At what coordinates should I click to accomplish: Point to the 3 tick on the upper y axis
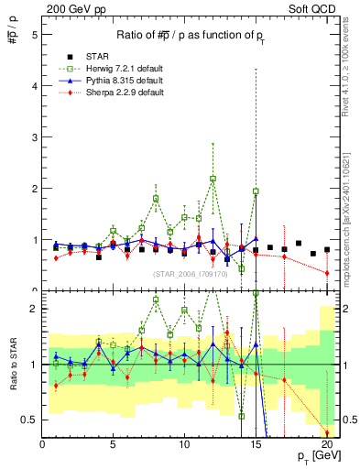coord(34,137)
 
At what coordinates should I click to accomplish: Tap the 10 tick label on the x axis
coord(184,445)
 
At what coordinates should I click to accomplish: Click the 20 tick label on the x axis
coord(326,445)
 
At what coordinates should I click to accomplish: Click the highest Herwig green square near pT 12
coord(213,179)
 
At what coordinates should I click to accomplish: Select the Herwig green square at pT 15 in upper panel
coord(256,191)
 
